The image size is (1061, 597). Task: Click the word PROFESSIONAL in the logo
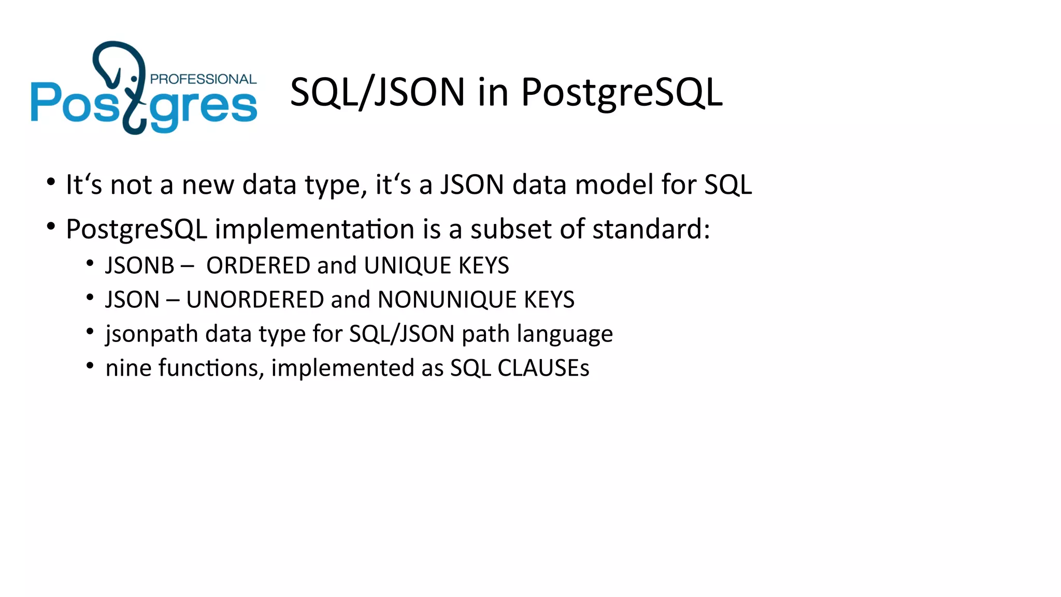[203, 79]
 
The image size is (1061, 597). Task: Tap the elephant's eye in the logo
[134, 79]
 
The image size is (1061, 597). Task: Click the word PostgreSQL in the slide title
[621, 92]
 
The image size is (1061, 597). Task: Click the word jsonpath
[151, 334]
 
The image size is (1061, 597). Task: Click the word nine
[128, 368]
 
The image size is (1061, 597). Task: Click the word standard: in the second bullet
[651, 229]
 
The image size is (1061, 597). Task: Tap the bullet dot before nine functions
[90, 366]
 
